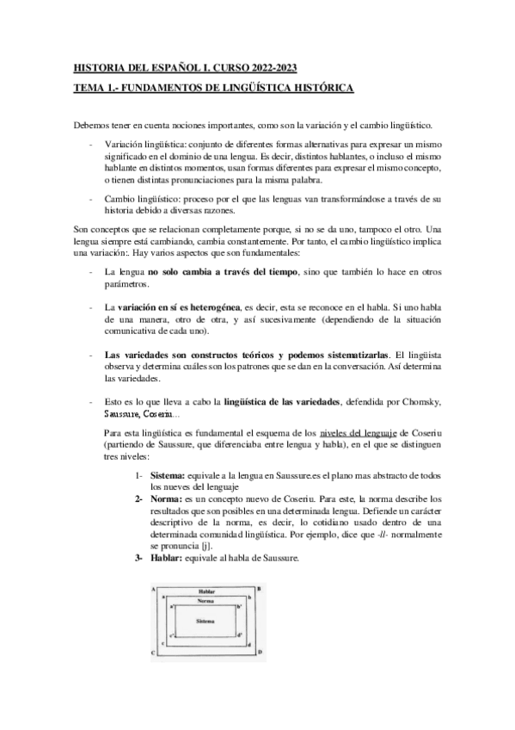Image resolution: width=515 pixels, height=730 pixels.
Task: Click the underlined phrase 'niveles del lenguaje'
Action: pos(359,431)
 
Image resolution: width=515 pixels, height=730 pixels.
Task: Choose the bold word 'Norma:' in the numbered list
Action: pos(167,498)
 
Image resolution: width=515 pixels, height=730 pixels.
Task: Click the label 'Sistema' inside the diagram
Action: pos(204,620)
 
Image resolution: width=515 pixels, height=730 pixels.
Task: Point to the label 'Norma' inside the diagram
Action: pos(204,600)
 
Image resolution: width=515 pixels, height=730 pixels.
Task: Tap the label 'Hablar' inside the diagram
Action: pos(204,591)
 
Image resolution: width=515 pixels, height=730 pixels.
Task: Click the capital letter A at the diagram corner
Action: pos(152,588)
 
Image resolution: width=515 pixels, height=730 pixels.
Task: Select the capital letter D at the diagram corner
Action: pos(259,653)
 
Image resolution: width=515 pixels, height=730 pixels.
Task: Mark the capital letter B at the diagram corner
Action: pos(259,588)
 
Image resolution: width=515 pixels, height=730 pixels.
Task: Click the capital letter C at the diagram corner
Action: pos(152,653)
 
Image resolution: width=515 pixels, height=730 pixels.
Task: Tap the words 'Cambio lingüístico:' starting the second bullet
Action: pos(142,198)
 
